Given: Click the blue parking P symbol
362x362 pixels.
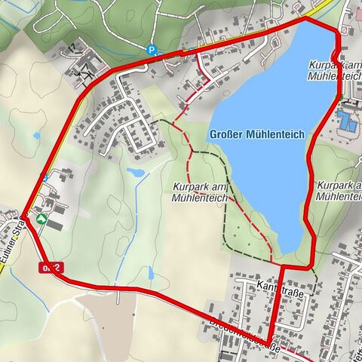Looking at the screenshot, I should click(x=152, y=51).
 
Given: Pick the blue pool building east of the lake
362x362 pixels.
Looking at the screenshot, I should click(x=347, y=121).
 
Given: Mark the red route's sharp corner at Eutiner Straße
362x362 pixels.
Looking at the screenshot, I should click(x=24, y=216).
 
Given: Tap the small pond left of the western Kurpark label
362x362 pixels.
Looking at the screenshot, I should click(x=137, y=173).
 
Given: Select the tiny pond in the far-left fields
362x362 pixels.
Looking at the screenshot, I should click(x=37, y=137).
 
